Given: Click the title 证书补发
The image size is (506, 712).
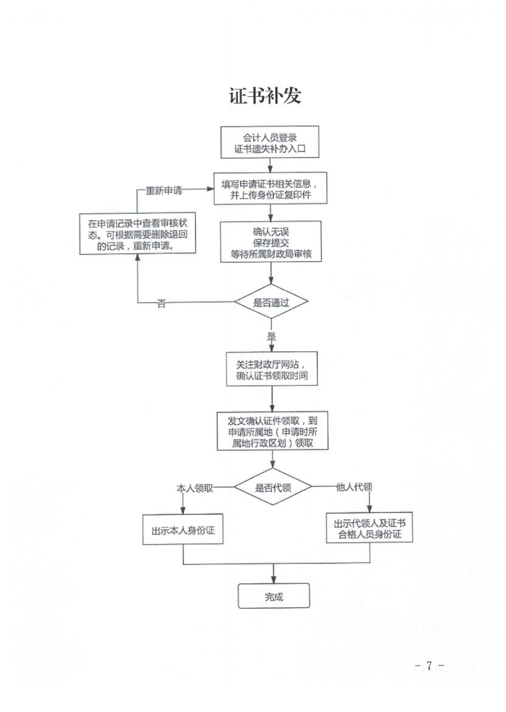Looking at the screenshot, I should [265, 95].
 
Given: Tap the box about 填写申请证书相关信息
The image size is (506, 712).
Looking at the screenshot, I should [270, 188].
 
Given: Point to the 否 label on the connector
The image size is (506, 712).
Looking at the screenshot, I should [161, 303].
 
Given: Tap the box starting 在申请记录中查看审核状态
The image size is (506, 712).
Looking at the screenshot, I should [137, 234].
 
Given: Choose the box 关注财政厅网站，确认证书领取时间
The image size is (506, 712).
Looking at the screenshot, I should [272, 369].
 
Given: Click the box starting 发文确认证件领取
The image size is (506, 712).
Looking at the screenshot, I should [272, 431].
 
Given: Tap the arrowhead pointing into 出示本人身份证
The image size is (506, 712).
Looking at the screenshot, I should [183, 510].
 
